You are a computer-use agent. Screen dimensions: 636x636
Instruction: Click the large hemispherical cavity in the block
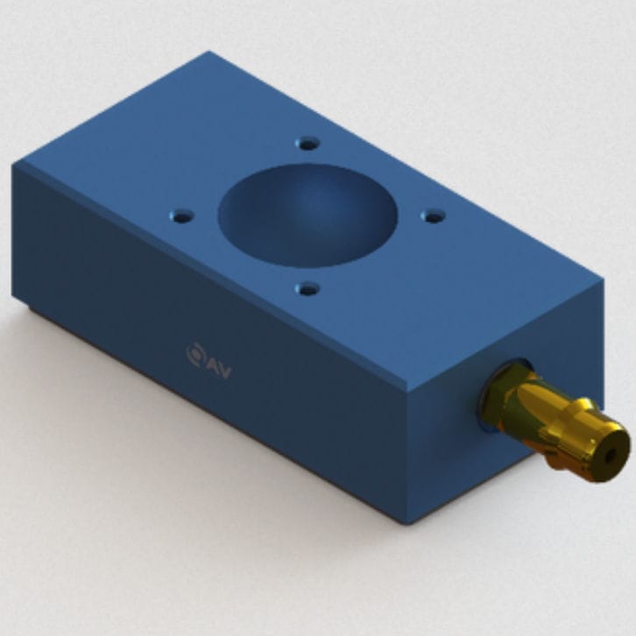[x=307, y=215]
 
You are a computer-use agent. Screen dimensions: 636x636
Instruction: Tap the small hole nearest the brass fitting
[x=433, y=216]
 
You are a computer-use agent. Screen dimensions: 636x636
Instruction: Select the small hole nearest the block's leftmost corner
[x=181, y=215]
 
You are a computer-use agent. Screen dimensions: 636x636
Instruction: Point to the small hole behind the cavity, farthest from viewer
[x=307, y=143]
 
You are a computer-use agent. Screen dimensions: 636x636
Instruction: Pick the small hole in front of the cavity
[x=307, y=287]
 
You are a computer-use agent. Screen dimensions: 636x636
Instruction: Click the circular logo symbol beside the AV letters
[x=194, y=353]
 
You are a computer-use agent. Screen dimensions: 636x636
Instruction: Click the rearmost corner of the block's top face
[x=209, y=53]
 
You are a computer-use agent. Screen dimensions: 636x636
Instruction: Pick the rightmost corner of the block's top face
[x=603, y=282]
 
